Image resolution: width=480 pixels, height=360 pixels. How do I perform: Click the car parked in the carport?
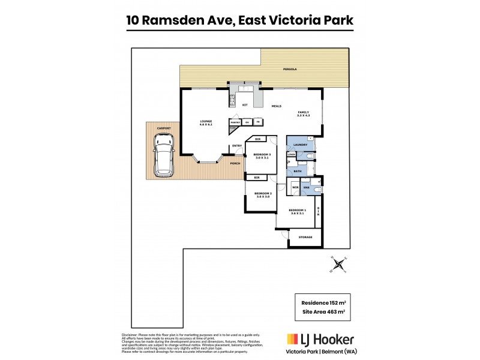pyautogui.click(x=164, y=155)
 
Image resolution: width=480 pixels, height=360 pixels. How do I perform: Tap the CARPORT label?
pyautogui.click(x=164, y=128)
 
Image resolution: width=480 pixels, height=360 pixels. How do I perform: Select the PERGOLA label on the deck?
pyautogui.click(x=290, y=70)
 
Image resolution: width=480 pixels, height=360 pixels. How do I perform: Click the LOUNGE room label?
pyautogui.click(x=206, y=122)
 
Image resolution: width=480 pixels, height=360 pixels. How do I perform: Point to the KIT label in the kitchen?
pyautogui.click(x=245, y=105)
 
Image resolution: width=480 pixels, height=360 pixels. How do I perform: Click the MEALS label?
pyautogui.click(x=277, y=106)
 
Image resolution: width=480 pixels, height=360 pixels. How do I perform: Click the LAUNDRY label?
pyautogui.click(x=301, y=145)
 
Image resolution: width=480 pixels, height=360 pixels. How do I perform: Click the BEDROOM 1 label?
pyautogui.click(x=298, y=211)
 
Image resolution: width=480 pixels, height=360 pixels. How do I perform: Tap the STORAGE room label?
pyautogui.click(x=305, y=238)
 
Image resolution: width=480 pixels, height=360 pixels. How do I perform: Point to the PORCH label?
pyautogui.click(x=235, y=162)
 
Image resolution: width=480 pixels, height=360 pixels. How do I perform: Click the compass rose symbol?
pyautogui.click(x=339, y=263)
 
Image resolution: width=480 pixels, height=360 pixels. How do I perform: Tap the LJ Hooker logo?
pyautogui.click(x=320, y=340)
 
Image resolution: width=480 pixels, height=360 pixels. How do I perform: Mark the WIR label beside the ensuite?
pyautogui.click(x=295, y=188)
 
